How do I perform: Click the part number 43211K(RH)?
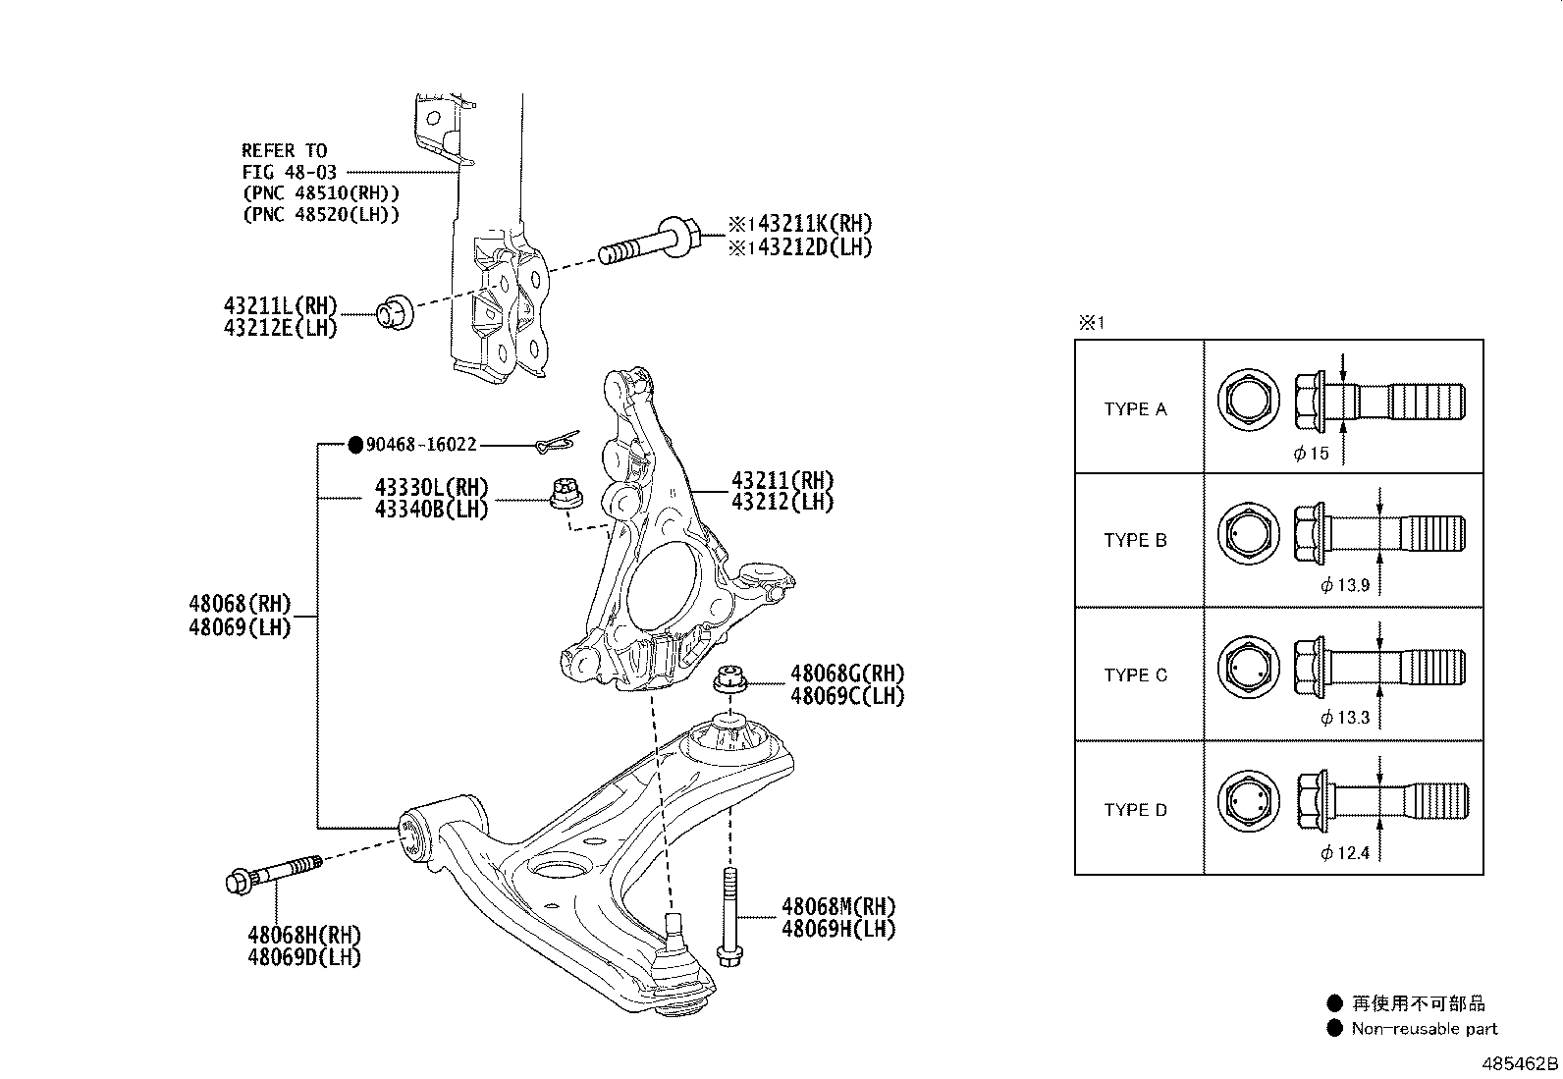coord(814,224)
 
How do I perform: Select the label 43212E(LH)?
coord(281,328)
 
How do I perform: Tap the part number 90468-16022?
coord(421,445)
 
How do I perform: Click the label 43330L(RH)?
coord(431,487)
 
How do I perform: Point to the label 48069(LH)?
coord(240,627)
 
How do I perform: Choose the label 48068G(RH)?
coord(847,674)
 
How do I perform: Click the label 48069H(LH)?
coord(838,929)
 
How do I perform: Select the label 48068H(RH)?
coord(304,935)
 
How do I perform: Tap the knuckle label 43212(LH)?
coord(782,502)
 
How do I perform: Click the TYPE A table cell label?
coord(1135,409)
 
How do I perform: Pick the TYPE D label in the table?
coord(1135,810)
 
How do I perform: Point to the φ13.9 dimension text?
coord(1345,585)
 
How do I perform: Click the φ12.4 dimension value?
coord(1345,853)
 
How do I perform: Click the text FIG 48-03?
coord(289,172)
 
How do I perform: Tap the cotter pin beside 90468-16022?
coord(557,442)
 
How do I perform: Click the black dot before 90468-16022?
coord(355,445)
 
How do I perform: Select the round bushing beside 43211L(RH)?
coord(395,313)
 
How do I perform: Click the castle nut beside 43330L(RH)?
coord(566,494)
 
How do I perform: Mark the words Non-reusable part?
coord(1425,1029)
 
